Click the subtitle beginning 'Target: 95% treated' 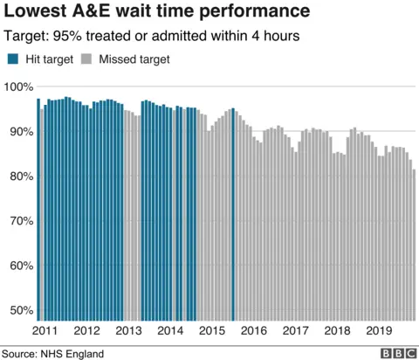point(152,37)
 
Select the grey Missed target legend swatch point(86,59)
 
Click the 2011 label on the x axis point(45,331)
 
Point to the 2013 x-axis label point(128,331)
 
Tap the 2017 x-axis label point(295,331)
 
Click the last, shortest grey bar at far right point(414,246)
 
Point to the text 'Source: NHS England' point(53,353)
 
